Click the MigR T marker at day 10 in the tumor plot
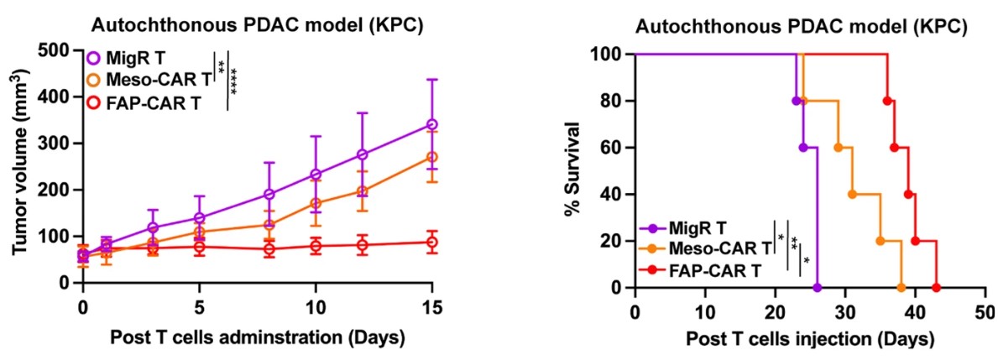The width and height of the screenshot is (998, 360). [316, 175]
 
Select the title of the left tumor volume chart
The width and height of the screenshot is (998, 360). [257, 25]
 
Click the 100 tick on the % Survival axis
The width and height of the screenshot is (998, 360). [612, 55]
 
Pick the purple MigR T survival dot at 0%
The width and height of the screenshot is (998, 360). [817, 288]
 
